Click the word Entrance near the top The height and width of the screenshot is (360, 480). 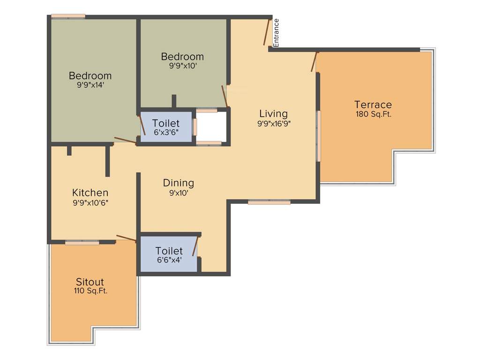(276, 32)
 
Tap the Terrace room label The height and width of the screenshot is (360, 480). (373, 105)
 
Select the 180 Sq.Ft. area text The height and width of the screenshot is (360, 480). (373, 114)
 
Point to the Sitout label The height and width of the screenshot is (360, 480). (90, 282)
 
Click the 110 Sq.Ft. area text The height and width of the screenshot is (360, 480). (90, 291)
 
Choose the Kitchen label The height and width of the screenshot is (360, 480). (90, 193)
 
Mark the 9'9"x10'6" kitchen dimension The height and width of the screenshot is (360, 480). (90, 202)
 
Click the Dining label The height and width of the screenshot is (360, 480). (178, 183)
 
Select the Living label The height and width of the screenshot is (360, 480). (273, 114)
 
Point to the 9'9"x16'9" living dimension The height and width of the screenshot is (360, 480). (273, 124)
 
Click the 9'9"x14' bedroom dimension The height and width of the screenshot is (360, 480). (90, 85)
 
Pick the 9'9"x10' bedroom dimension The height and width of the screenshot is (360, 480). (182, 66)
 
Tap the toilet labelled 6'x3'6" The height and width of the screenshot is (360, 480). (166, 127)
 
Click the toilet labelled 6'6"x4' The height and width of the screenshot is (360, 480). (169, 255)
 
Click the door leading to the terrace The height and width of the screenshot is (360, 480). (314, 61)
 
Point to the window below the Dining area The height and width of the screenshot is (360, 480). (269, 202)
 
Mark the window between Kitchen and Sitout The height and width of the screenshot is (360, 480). (82, 242)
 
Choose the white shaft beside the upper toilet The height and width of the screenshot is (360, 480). (211, 127)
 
